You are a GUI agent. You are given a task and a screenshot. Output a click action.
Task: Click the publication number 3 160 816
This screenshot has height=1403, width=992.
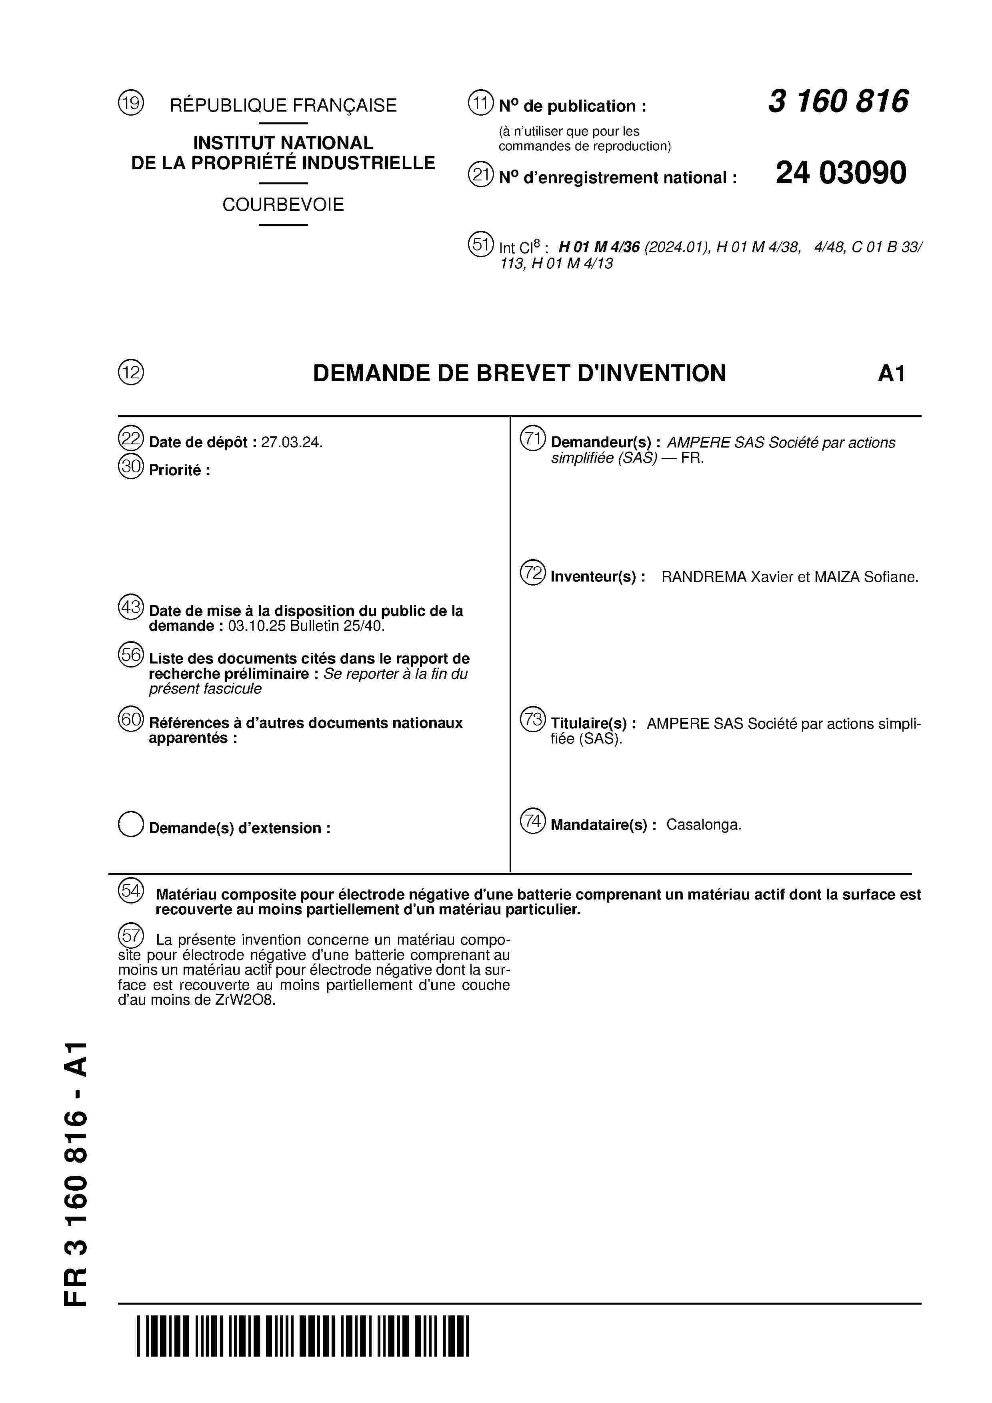pos(838,102)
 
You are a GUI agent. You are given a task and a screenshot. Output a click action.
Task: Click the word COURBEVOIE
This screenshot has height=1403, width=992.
pos(283,205)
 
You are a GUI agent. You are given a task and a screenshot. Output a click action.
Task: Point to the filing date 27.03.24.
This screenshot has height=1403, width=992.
pos(292,442)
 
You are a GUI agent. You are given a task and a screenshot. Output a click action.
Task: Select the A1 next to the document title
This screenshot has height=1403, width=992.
pos(891,374)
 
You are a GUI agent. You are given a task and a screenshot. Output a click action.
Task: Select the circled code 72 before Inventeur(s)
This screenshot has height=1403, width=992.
pos(532,573)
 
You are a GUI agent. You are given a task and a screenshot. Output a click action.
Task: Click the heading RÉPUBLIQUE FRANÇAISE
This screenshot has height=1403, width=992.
pos(283,106)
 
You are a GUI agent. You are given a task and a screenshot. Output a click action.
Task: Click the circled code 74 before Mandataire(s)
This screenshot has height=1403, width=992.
pos(532,821)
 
